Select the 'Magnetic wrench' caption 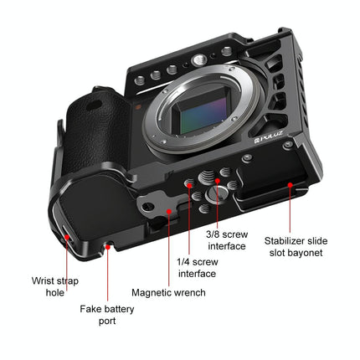(168, 293)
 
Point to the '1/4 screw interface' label (197, 267)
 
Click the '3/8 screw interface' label (226, 240)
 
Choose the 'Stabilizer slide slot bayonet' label (296, 247)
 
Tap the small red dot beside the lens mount (135, 108)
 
